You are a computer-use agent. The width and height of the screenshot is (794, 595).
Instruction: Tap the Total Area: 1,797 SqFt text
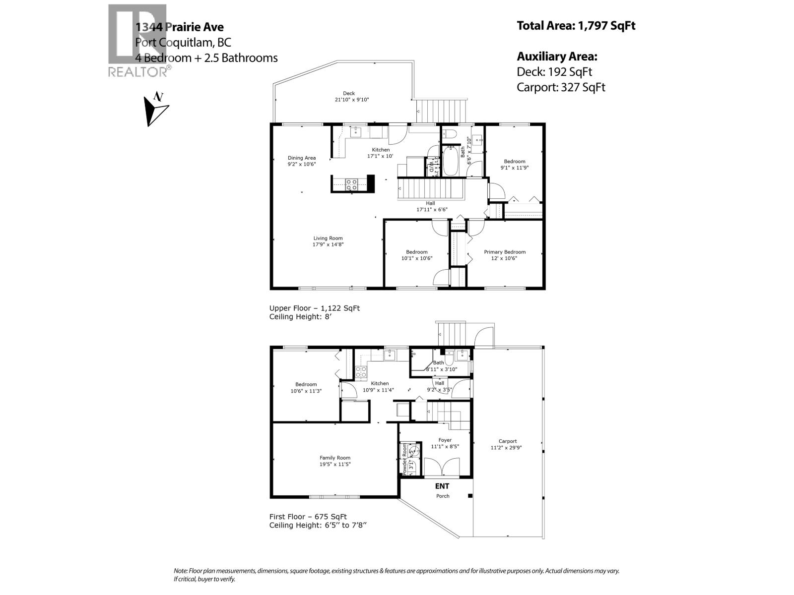576,26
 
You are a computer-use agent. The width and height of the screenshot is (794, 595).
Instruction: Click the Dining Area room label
302,161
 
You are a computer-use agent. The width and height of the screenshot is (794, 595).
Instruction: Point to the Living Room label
328,241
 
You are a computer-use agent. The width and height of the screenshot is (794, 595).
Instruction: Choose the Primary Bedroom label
505,255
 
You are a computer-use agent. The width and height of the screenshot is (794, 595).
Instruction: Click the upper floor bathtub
451,161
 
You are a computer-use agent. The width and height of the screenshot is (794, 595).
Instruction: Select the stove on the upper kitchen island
351,184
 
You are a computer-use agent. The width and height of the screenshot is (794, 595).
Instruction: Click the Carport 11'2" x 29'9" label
507,444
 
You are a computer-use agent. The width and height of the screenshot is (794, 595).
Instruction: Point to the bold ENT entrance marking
442,486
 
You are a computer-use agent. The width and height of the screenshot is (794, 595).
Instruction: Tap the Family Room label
335,461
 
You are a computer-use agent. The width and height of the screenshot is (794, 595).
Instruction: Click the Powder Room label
405,460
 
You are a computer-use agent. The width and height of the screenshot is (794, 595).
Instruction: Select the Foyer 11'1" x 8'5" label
445,443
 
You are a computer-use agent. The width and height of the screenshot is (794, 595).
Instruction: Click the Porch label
443,496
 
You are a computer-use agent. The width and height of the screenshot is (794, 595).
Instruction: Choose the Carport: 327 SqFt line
561,87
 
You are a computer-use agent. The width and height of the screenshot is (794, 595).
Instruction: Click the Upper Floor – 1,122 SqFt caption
314,308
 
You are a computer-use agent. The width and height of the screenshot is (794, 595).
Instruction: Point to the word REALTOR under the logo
137,72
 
